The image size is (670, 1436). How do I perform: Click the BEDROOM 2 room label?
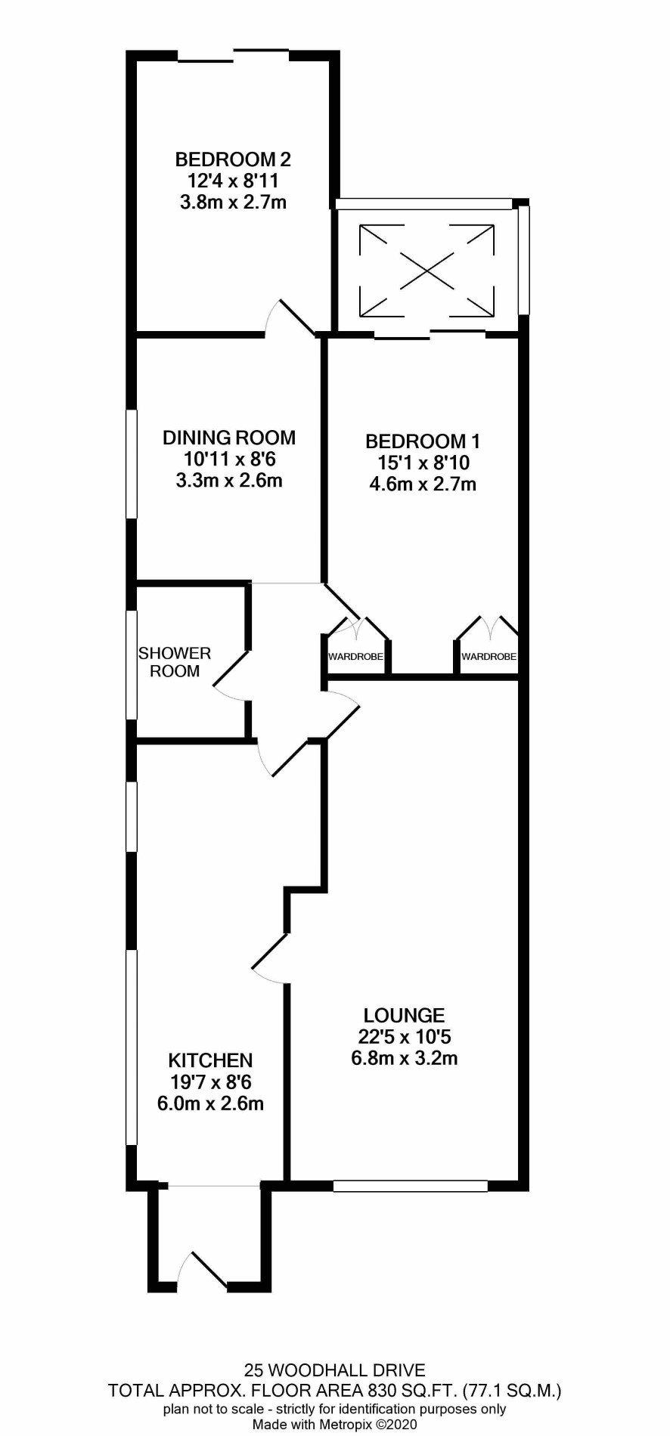(233, 159)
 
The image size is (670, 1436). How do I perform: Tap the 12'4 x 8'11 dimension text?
(233, 181)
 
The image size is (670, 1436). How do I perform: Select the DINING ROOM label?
(229, 437)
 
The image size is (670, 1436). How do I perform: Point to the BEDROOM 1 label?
(423, 441)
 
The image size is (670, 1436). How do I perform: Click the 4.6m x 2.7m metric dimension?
(423, 484)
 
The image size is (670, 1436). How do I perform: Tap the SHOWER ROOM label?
(175, 662)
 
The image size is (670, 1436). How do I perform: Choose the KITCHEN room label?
(210, 1060)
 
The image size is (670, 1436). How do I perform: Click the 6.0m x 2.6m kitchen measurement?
(210, 1103)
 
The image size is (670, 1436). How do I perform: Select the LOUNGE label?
(405, 1015)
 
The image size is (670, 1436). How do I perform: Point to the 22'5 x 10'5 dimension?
(405, 1036)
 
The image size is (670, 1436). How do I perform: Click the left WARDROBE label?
(355, 657)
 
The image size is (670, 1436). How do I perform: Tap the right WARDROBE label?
(489, 657)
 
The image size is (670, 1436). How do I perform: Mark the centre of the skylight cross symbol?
(427, 270)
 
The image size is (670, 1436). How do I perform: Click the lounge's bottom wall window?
(411, 1186)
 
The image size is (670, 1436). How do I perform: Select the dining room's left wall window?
(132, 464)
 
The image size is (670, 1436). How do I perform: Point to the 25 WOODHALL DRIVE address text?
(334, 1369)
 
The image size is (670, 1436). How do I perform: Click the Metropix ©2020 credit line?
(334, 1425)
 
